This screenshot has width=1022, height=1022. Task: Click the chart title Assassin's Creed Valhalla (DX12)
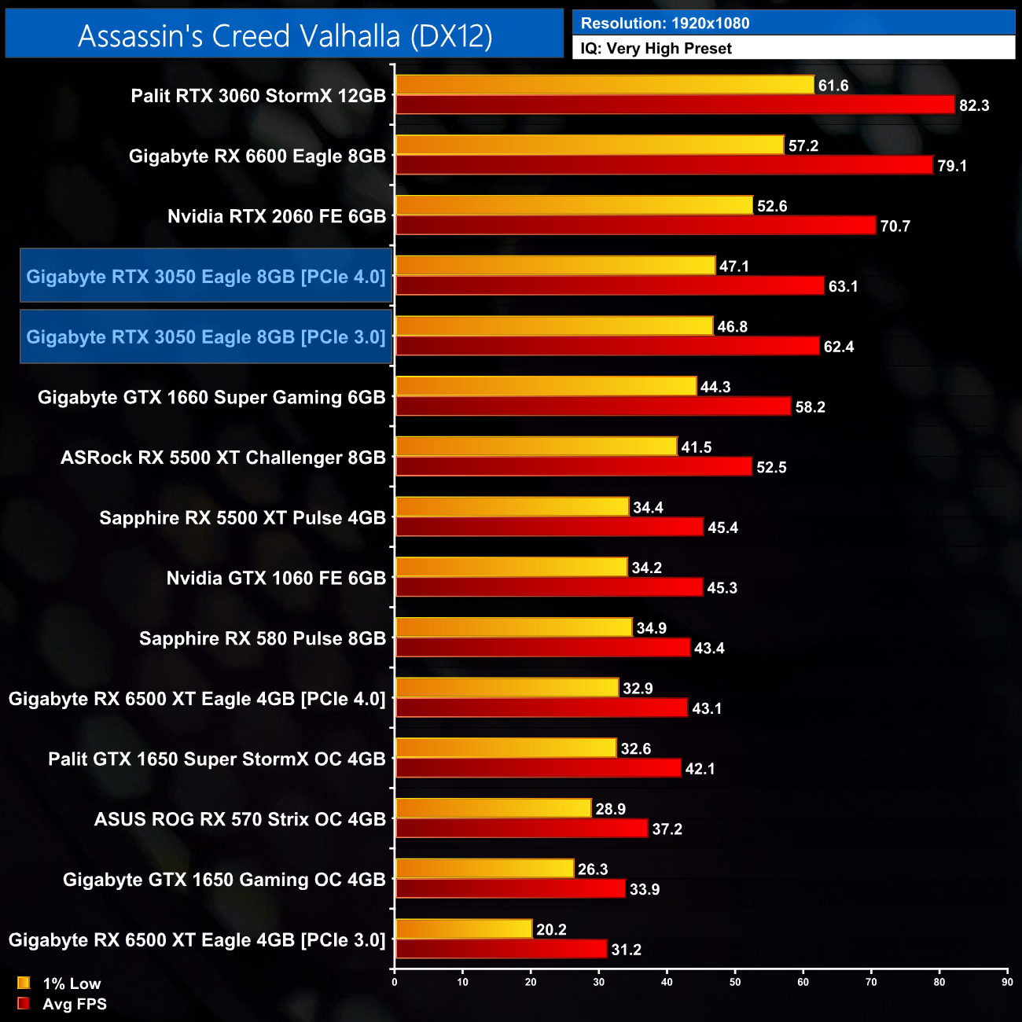(x=285, y=35)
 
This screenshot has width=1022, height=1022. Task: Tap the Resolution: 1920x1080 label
(x=665, y=24)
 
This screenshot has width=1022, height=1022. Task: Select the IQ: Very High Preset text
(x=656, y=49)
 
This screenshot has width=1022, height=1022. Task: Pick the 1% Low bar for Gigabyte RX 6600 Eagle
(x=590, y=145)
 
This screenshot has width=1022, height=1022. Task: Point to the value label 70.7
(x=895, y=226)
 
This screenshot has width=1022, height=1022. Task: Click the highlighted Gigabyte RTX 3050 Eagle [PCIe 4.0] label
(x=206, y=277)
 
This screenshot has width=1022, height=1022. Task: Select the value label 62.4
(x=838, y=347)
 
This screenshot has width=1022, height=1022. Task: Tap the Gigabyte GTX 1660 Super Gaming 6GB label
(x=211, y=398)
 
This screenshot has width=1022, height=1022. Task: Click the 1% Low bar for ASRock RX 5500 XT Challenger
(x=536, y=447)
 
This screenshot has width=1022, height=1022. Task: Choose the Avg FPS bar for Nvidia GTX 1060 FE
(x=549, y=587)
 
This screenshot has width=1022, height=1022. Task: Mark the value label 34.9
(x=651, y=628)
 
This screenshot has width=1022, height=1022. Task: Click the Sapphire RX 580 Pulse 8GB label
(x=263, y=638)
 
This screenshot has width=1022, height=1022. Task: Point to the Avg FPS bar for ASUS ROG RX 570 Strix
(x=521, y=829)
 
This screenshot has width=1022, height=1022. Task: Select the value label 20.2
(x=551, y=930)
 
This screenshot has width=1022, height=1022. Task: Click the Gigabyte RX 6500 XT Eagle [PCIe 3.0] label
(x=197, y=940)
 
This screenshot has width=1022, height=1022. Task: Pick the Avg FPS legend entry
(x=62, y=1004)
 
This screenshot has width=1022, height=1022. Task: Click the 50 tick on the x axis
(x=735, y=982)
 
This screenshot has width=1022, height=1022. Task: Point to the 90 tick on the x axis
(x=1007, y=982)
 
